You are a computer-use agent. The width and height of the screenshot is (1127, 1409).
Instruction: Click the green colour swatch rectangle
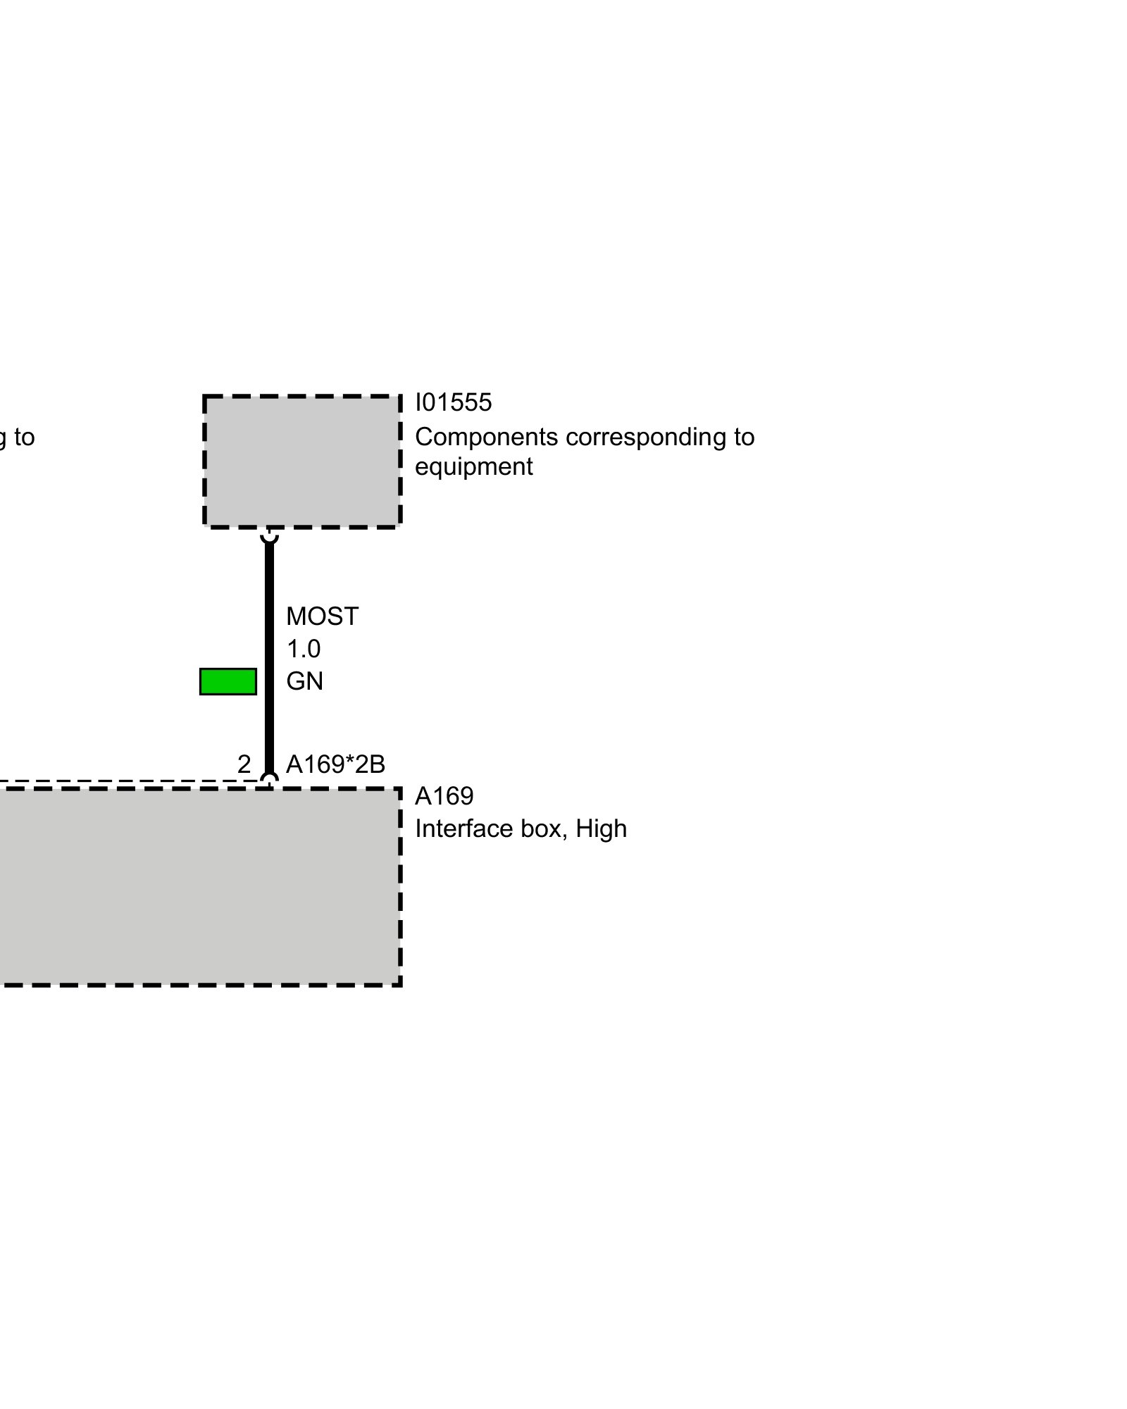coord(228,681)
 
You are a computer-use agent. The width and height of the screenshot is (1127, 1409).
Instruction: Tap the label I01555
coord(453,402)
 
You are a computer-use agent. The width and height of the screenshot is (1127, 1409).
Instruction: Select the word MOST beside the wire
coord(322,616)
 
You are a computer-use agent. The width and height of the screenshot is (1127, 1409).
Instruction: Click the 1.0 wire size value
coord(303,649)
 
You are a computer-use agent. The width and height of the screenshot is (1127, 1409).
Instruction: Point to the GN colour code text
coord(304,681)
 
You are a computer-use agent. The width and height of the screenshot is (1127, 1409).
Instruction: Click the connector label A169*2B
coord(335,764)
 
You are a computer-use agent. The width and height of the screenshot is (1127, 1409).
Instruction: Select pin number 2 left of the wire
coord(244,764)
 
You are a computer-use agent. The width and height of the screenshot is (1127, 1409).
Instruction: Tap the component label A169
coord(444,796)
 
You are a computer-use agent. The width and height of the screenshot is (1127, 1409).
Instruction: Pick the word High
coord(601,828)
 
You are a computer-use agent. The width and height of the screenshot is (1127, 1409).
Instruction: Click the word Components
coord(486,437)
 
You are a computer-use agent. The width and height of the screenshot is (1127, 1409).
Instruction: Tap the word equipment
coord(473,467)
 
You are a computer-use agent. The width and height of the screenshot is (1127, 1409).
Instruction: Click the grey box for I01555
coord(302,461)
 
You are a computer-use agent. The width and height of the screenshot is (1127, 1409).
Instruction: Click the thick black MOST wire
coord(269,655)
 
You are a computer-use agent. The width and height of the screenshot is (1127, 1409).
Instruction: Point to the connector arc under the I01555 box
coord(269,537)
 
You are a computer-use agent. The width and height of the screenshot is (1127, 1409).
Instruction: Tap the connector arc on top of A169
coord(269,778)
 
